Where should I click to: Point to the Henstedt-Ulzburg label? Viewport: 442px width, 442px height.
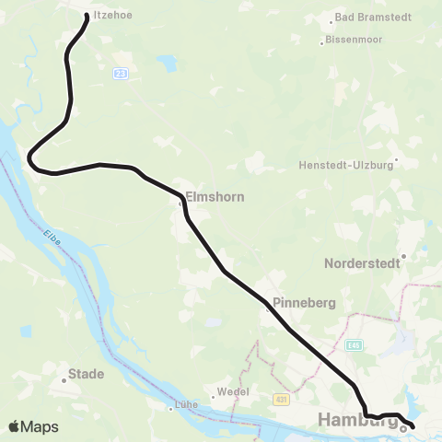pos(345,166)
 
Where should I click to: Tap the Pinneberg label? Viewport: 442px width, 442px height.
pos(303,303)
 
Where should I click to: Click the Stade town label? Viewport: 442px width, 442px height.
pos(87,375)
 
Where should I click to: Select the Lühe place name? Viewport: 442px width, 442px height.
pos(185,405)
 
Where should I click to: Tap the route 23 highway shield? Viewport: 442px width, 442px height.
pos(121,73)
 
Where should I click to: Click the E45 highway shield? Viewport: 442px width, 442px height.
pos(355,345)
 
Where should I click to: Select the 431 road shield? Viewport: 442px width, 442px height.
pos(282,399)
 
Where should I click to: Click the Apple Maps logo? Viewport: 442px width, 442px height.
pos(33,426)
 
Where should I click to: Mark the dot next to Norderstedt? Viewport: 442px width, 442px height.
pos(402,257)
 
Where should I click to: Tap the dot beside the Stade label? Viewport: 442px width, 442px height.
pos(64,376)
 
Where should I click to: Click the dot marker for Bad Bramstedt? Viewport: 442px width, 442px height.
pos(332,19)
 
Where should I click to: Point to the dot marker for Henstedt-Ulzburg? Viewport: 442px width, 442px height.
pos(396,166)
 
